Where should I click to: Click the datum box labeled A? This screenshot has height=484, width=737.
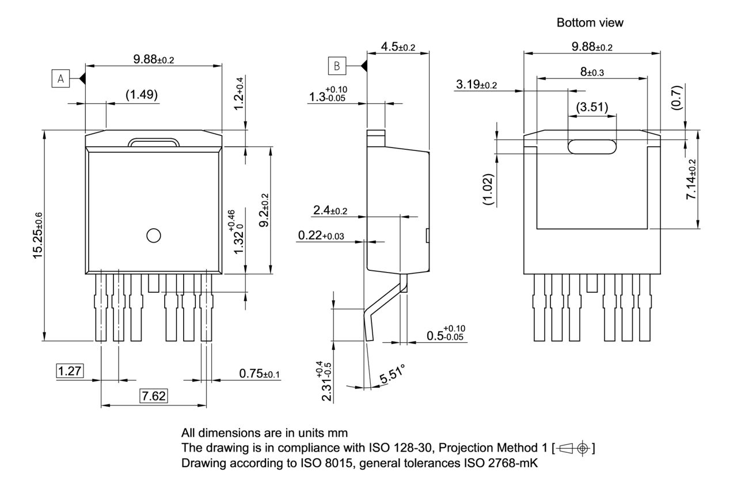pyautogui.click(x=60, y=78)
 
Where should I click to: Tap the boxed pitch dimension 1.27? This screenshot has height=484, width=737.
pyautogui.click(x=70, y=370)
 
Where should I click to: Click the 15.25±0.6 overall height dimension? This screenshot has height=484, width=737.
pyautogui.click(x=38, y=235)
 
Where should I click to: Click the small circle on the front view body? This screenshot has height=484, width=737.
pyautogui.click(x=154, y=235)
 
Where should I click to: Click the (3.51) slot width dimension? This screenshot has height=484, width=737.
pyautogui.click(x=592, y=107)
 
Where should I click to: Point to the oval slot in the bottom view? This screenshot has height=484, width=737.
pyautogui.click(x=591, y=147)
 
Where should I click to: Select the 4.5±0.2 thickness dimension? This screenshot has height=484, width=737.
pyautogui.click(x=398, y=47)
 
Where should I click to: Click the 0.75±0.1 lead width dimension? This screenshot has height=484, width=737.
pyautogui.click(x=259, y=374)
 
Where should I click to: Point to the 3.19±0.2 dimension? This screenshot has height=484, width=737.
pyautogui.click(x=476, y=85)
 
